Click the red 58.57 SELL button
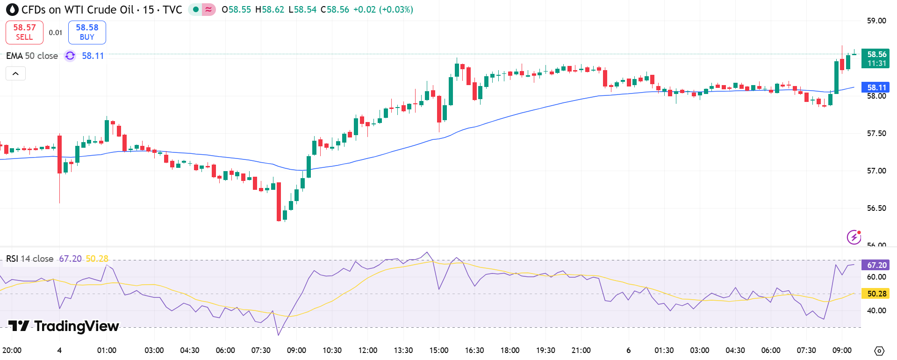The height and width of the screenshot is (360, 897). (x=24, y=32)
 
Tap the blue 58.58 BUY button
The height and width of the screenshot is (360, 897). (x=87, y=32)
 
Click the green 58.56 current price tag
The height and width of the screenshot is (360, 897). (x=875, y=58)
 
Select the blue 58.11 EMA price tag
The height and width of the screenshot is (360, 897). (x=875, y=87)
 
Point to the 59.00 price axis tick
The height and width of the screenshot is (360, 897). (x=876, y=21)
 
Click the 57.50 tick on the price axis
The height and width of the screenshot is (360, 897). (x=876, y=133)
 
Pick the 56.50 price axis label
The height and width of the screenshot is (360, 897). (x=876, y=208)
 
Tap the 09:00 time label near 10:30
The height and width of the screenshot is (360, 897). (x=296, y=350)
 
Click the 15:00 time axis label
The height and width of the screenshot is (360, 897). (x=438, y=350)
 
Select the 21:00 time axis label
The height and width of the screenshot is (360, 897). (x=581, y=350)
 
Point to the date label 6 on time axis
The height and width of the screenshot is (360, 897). (x=628, y=350)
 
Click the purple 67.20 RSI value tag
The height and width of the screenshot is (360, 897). (x=875, y=265)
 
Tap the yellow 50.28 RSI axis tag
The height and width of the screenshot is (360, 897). (x=875, y=294)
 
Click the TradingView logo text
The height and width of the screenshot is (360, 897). (x=64, y=326)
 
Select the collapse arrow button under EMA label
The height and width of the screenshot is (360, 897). (x=15, y=73)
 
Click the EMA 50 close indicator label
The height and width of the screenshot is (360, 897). (x=32, y=56)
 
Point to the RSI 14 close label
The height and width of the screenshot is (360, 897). (x=29, y=259)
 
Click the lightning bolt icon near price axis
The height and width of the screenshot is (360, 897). (x=854, y=237)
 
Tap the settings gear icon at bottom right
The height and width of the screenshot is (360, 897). (x=879, y=351)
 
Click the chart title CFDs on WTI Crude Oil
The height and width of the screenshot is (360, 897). (x=78, y=10)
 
